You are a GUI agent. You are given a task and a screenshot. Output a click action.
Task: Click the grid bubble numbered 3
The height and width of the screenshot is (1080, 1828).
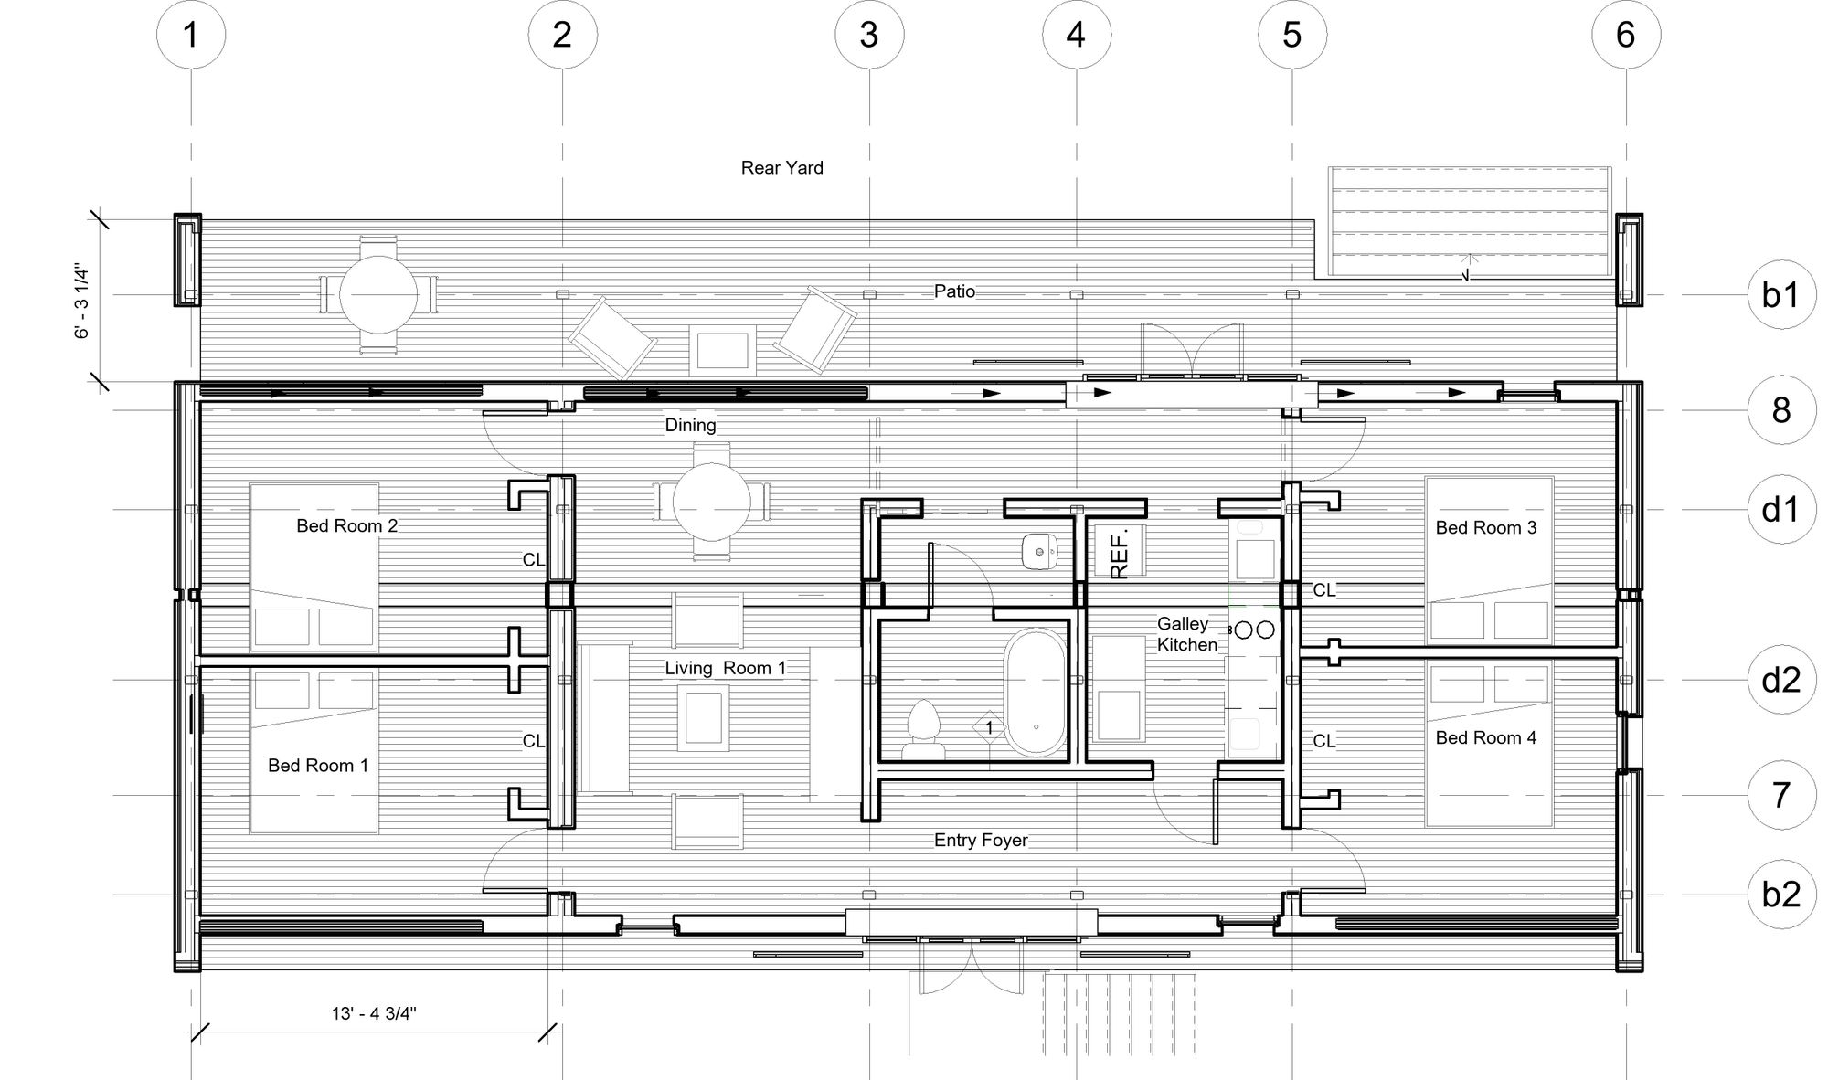[x=869, y=35]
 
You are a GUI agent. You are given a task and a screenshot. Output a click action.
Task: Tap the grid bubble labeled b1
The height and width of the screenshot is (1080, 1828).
[x=1781, y=294]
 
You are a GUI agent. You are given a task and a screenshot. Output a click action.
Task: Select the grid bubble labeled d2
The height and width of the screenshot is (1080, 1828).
[x=1781, y=680]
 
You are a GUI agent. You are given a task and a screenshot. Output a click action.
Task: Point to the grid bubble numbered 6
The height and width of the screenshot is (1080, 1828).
[x=1626, y=35]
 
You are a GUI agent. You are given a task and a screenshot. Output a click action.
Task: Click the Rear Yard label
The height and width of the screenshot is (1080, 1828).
[x=782, y=168]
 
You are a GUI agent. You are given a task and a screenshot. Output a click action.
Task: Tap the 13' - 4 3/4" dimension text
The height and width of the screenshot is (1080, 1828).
[x=374, y=1013]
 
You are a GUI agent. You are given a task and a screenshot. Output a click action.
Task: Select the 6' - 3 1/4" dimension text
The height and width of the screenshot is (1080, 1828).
[x=83, y=302]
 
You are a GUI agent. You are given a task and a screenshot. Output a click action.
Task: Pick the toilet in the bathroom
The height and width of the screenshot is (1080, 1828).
[x=923, y=730]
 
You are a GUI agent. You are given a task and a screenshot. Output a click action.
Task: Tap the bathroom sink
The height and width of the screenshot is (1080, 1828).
[x=1039, y=551]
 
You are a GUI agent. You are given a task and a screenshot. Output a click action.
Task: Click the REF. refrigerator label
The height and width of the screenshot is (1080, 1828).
[x=1120, y=552]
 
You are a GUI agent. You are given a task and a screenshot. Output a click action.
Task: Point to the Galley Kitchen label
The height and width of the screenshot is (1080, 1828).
[x=1187, y=634]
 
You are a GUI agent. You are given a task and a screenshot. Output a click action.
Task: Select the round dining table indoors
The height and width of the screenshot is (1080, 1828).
[x=712, y=501]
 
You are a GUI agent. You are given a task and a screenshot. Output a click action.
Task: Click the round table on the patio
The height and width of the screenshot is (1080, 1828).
[x=378, y=294]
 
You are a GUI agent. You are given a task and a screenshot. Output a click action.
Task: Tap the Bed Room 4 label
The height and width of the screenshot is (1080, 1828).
[x=1486, y=737]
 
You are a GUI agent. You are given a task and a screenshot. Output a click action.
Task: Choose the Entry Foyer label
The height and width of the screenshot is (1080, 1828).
[x=981, y=840]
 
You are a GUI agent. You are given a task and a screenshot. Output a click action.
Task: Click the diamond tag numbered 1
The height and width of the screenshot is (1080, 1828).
[x=989, y=728]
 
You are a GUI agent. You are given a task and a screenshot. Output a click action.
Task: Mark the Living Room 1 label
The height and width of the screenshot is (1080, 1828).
[x=725, y=668]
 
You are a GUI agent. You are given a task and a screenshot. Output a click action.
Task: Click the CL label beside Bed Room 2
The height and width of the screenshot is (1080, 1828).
[x=533, y=559]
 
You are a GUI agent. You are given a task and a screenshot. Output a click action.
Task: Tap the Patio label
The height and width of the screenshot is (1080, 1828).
[x=954, y=291]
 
